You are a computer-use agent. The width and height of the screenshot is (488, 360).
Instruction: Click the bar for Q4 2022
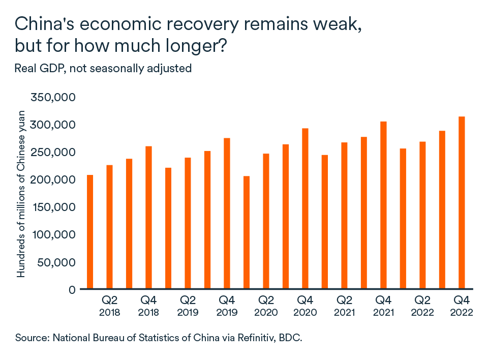click(462, 203)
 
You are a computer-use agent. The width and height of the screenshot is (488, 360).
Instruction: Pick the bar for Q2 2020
click(266, 221)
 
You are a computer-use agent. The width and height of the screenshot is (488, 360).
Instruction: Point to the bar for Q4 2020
click(305, 208)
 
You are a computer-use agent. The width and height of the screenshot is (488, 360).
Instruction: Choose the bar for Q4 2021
click(383, 205)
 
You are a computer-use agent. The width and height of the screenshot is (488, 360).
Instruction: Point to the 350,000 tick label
click(53, 97)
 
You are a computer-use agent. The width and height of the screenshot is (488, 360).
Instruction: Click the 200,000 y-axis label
click(53, 179)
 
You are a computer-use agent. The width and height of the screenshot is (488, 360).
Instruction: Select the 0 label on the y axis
click(72, 289)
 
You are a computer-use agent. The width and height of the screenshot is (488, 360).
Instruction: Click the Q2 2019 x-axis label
click(188, 305)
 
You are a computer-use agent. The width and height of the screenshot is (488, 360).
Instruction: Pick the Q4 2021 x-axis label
click(383, 305)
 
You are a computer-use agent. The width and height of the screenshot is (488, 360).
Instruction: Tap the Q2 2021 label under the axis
click(344, 305)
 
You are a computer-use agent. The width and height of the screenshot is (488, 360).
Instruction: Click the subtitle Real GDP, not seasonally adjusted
click(103, 68)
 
